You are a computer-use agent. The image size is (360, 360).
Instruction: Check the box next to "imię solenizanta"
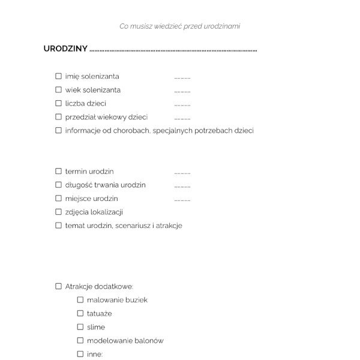[59, 76]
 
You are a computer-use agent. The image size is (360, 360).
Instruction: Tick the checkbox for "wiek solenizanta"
[59, 90]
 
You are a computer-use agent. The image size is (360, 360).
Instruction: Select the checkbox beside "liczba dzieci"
[59, 103]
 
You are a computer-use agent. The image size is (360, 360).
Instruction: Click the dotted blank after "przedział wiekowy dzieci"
[182, 119]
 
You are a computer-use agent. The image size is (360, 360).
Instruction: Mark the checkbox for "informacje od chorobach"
[59, 130]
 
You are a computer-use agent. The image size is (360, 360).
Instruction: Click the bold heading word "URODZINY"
[65, 49]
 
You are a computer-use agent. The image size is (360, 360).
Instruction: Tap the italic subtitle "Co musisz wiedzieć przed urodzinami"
[180, 26]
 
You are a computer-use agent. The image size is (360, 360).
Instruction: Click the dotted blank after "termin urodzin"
[182, 173]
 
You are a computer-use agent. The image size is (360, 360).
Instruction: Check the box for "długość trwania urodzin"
[59, 185]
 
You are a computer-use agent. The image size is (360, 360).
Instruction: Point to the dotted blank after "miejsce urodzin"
[182, 200]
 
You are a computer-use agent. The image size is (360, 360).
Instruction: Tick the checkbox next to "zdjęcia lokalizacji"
[59, 212]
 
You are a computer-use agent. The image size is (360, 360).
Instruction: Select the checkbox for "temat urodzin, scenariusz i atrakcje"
[59, 226]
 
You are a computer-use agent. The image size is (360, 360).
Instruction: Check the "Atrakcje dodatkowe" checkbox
[59, 286]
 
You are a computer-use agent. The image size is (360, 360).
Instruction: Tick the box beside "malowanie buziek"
[80, 299]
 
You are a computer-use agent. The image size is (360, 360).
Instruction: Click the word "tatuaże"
[100, 313]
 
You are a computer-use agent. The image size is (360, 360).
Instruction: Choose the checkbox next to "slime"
[80, 327]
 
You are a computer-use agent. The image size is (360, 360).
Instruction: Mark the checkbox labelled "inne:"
[80, 354]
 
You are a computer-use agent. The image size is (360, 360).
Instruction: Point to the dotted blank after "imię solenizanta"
[182, 79]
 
